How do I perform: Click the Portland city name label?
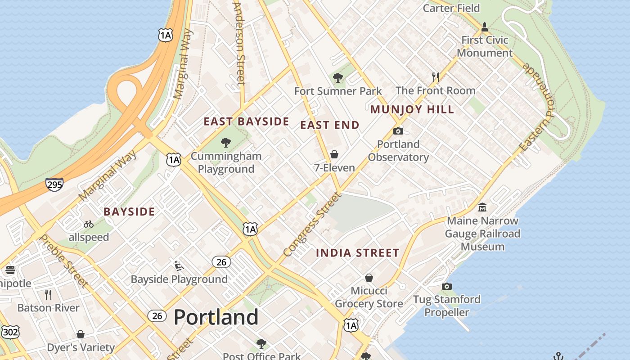216,317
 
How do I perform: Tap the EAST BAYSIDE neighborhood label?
246,121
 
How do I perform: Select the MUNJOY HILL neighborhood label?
412,109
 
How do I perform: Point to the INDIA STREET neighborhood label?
357,253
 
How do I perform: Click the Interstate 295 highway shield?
54,184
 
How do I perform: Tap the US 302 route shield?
10,332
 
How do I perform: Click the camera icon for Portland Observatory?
398,131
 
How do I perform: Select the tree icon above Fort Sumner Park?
338,78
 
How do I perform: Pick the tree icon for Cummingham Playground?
226,143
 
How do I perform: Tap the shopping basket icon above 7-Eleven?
334,154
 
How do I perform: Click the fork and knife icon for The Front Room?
435,77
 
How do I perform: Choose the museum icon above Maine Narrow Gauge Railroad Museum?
482,207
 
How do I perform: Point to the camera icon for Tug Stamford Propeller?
447,286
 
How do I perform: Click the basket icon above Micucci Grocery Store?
369,277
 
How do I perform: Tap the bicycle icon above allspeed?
89,224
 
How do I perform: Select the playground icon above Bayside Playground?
179,265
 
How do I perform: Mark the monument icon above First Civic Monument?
485,27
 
